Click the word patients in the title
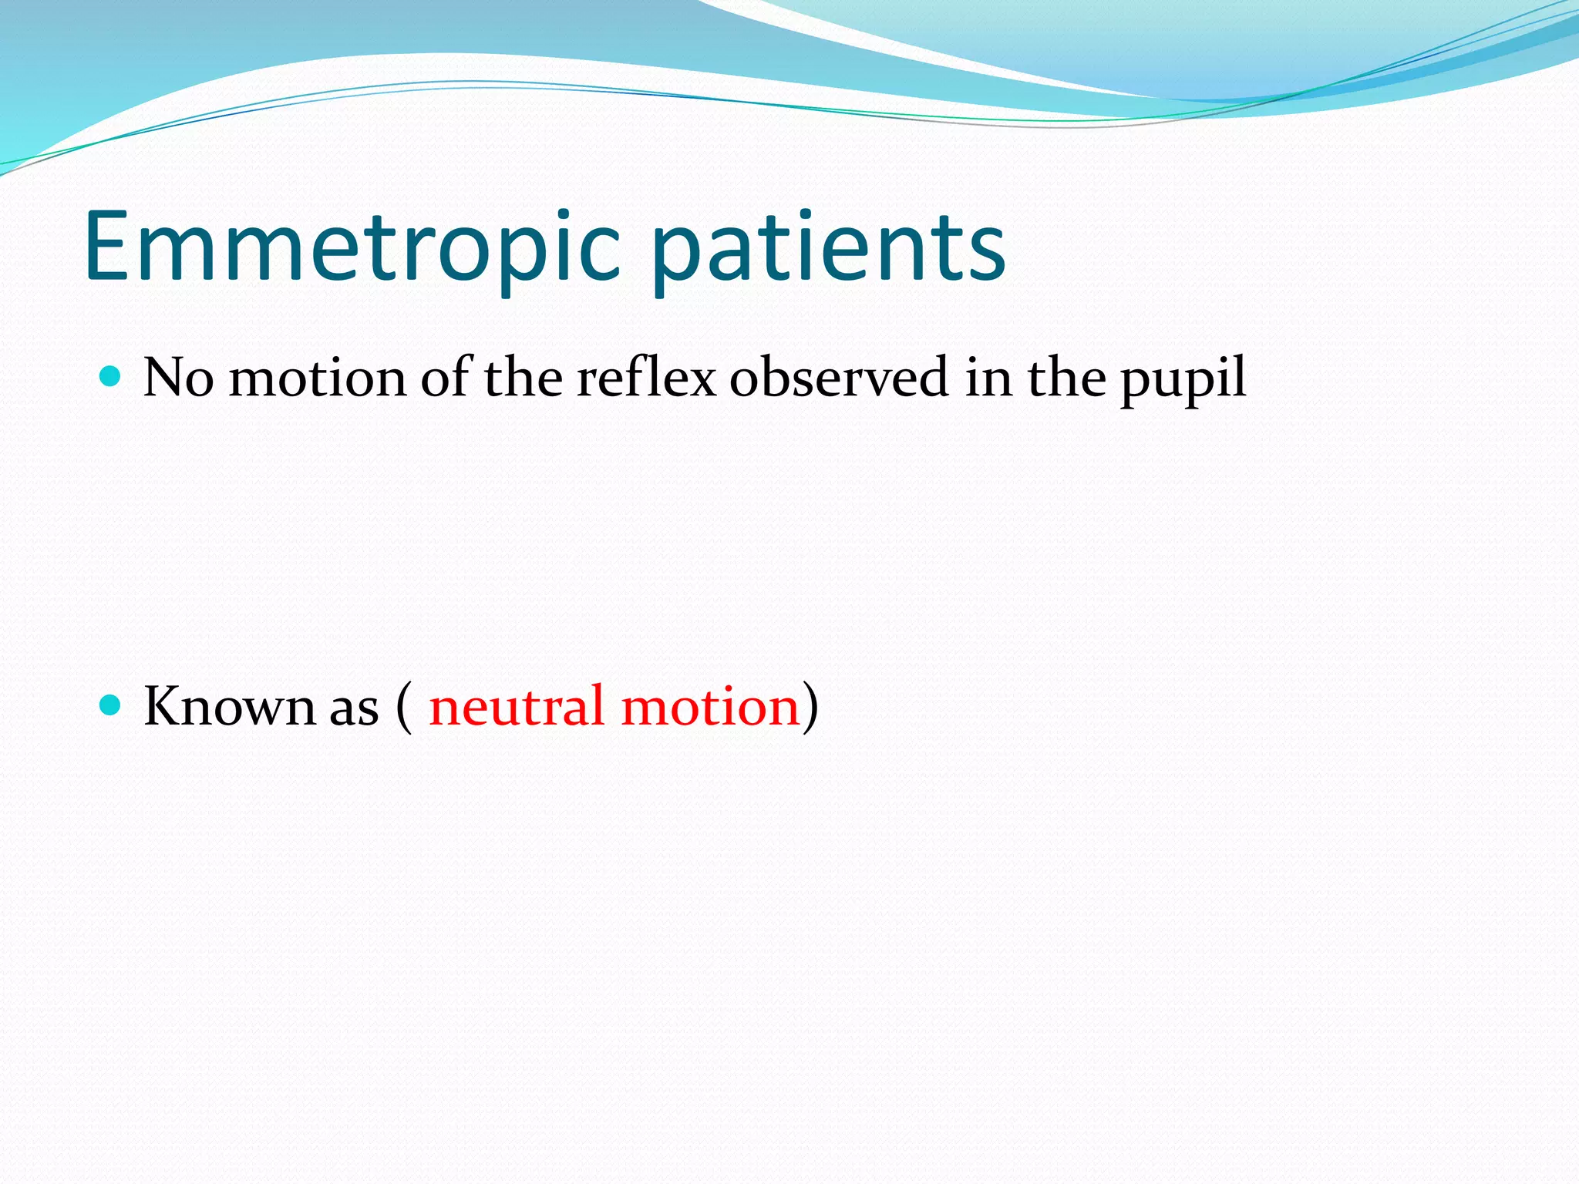point(829,251)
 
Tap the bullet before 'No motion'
point(111,376)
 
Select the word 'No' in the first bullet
point(178,378)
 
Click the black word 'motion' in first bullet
point(317,378)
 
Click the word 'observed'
point(839,378)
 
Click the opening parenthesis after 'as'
point(404,708)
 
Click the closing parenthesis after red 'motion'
point(810,708)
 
